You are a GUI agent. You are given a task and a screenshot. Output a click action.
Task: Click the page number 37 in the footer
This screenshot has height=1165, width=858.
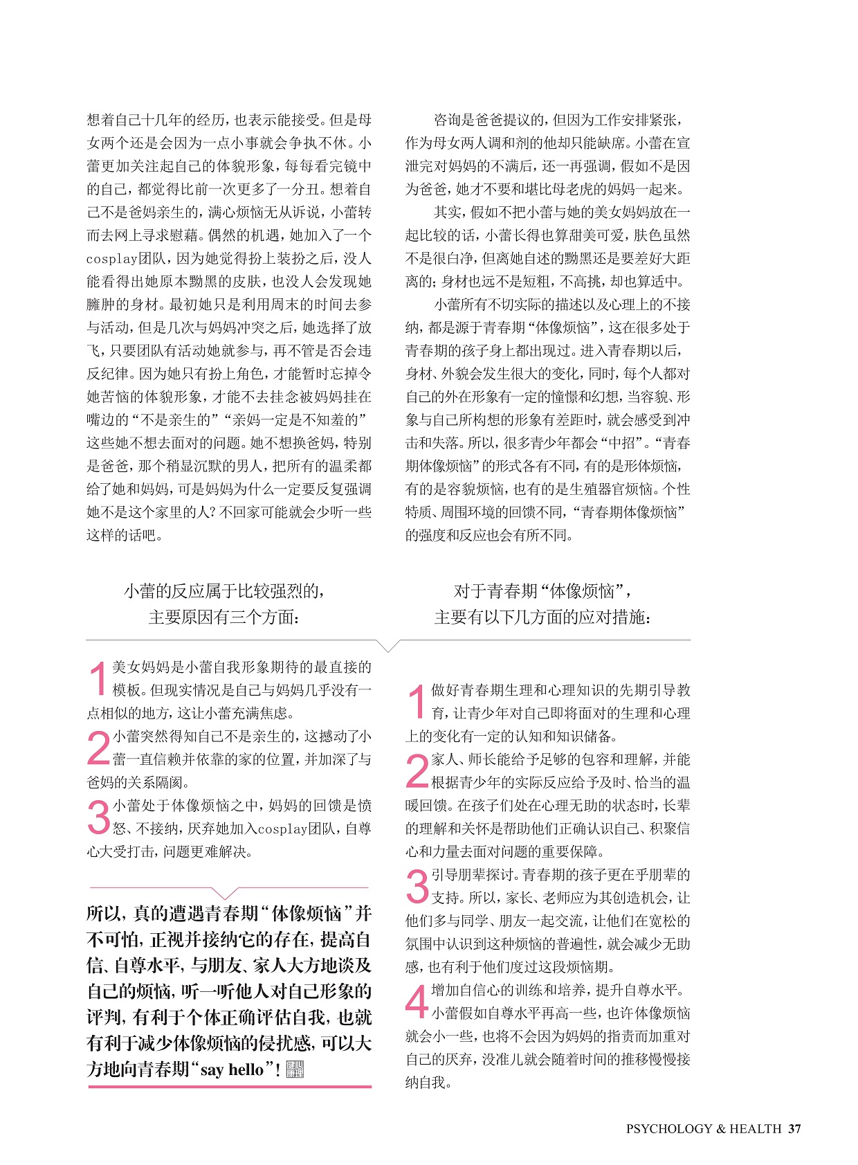[794, 1128]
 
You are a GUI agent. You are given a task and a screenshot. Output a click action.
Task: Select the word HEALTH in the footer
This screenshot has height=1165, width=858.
[756, 1128]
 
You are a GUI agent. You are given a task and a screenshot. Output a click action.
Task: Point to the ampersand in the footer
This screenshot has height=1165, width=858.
[720, 1128]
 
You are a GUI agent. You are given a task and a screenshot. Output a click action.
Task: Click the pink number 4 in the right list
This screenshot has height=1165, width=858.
[417, 1002]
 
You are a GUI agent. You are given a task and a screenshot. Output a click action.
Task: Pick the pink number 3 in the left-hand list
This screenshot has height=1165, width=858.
[99, 817]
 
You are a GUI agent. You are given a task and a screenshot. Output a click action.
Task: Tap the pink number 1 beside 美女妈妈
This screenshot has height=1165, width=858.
[99, 678]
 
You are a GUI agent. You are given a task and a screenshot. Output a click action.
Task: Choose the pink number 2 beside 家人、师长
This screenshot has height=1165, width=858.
[417, 770]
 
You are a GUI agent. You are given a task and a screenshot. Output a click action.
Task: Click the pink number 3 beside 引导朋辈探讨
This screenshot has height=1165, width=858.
[417, 886]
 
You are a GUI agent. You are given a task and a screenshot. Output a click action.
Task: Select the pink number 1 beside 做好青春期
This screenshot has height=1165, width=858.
[417, 701]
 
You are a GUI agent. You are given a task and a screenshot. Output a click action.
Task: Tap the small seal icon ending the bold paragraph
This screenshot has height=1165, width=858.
[295, 1069]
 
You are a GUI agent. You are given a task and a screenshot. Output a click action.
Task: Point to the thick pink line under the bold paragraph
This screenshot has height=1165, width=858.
[230, 1087]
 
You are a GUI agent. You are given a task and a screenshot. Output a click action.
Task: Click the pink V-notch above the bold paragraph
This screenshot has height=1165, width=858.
[227, 894]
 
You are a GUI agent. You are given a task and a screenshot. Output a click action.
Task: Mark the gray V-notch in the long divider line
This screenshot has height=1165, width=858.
[389, 646]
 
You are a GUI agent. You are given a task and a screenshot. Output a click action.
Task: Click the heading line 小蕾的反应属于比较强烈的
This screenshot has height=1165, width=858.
[224, 591]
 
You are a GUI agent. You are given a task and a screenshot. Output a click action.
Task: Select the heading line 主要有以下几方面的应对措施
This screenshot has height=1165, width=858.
[542, 617]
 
